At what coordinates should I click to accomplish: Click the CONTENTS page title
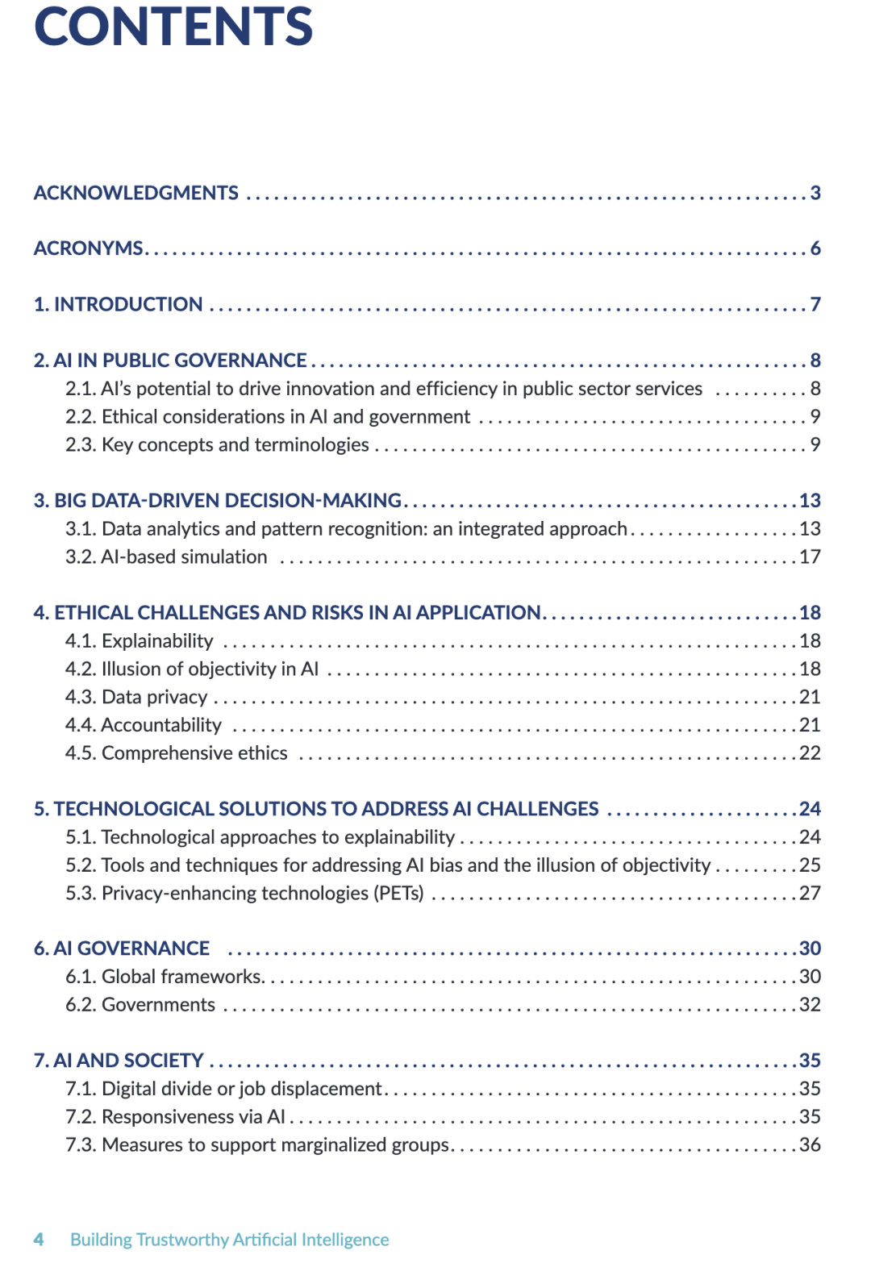173,27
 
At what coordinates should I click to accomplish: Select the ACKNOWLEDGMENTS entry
135,193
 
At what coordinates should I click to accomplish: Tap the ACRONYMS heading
89,248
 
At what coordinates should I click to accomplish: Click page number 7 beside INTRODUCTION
815,304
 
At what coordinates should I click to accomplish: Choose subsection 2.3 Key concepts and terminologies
217,444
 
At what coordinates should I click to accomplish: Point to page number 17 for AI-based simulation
810,557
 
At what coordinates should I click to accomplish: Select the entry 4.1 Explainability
139,641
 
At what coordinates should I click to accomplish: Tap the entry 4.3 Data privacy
136,697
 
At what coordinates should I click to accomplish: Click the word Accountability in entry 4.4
161,725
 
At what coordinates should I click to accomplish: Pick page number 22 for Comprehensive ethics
810,753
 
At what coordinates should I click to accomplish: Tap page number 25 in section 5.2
810,865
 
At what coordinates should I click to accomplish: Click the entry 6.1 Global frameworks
164,977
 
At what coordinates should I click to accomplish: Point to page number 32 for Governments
810,1005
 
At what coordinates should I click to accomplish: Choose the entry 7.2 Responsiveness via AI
175,1117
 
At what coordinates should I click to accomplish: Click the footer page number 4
39,1240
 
